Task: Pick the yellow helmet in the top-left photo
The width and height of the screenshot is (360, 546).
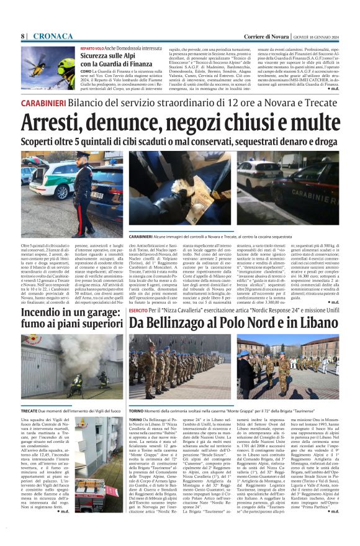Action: (x=66, y=64)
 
